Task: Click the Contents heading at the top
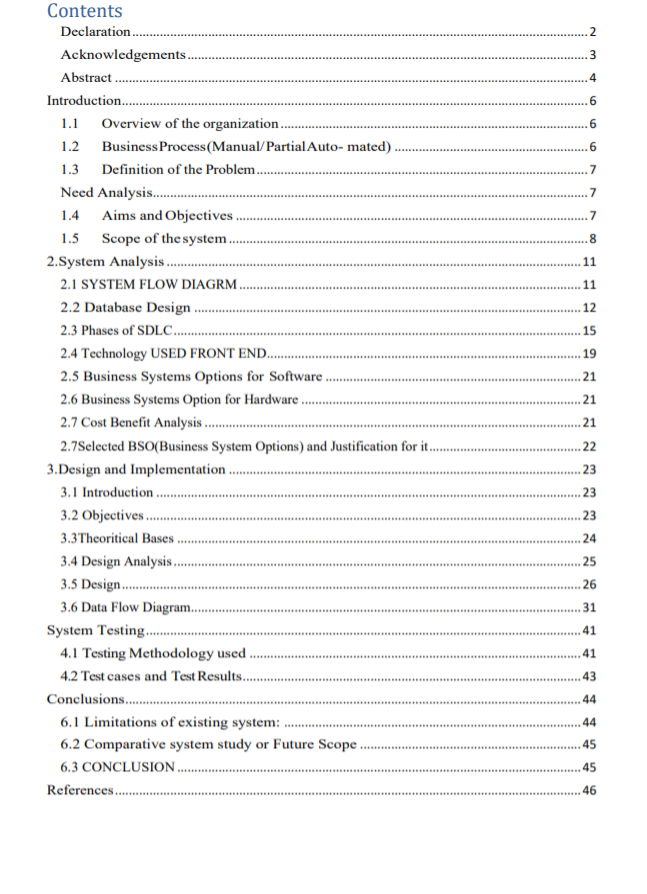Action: (85, 11)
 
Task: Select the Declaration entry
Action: (96, 33)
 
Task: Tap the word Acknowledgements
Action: (123, 55)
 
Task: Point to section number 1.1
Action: (70, 123)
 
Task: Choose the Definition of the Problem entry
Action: (178, 169)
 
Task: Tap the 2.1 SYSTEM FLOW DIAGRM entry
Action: (149, 285)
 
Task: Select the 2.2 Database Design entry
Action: (125, 308)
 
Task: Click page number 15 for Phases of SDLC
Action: (589, 331)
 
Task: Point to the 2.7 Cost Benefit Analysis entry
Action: (131, 423)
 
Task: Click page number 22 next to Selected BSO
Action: (589, 447)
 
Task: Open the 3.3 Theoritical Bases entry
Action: (117, 538)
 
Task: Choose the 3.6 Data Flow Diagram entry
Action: (125, 608)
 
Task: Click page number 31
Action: (589, 608)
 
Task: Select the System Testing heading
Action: (96, 630)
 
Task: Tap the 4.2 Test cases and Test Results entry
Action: (151, 676)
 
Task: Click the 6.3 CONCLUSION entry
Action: (118, 767)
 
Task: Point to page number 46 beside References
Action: (589, 790)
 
